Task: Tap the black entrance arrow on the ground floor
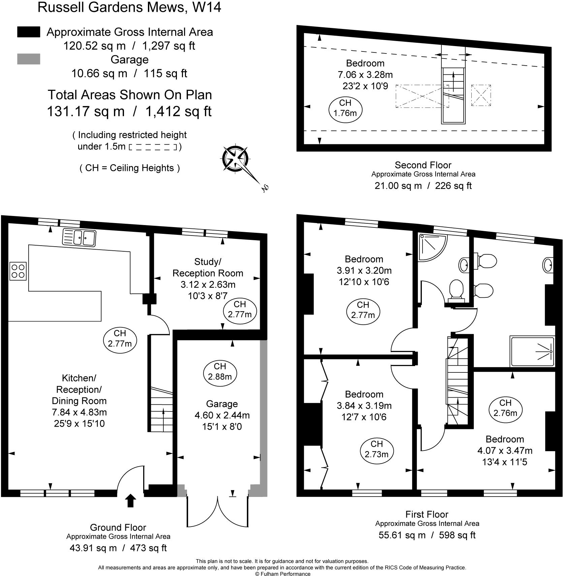131,500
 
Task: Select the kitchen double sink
79,237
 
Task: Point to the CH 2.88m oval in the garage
220,371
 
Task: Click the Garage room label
222,404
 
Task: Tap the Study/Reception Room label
208,267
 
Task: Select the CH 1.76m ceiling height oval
345,108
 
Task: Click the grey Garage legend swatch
29,59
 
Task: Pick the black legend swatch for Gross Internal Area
29,32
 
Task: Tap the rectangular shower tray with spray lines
532,352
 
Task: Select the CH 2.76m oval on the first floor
505,407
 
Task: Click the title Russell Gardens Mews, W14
129,7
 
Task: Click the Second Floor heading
423,165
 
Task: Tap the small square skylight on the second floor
481,96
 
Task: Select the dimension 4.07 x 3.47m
505,450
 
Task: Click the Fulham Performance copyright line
282,574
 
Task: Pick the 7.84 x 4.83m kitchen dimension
79,412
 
